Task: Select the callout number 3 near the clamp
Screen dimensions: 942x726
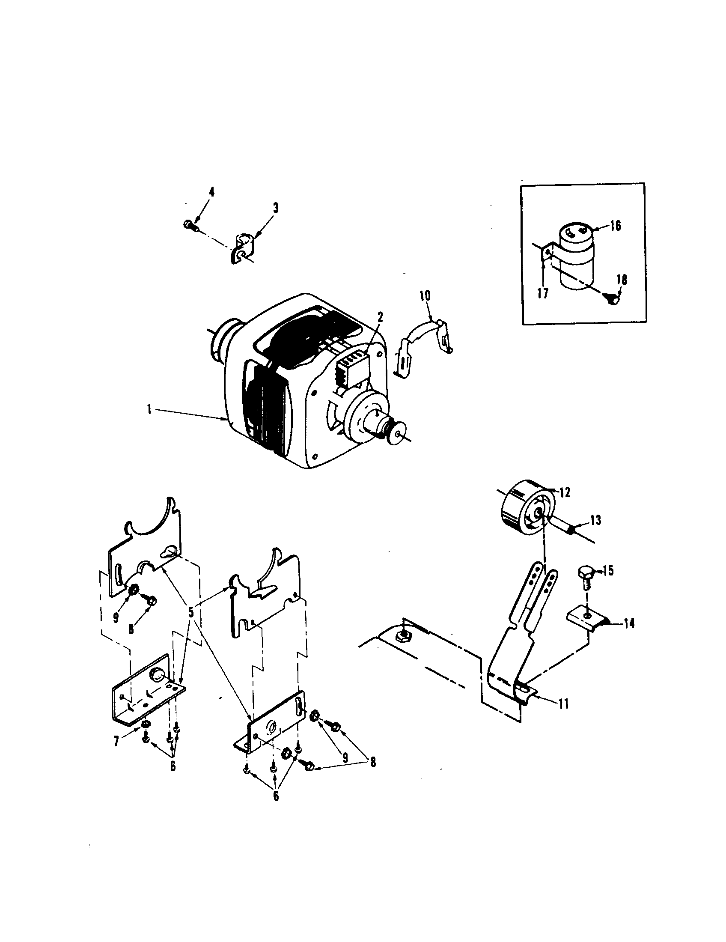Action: coord(275,209)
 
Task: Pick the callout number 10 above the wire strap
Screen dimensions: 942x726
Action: coord(424,296)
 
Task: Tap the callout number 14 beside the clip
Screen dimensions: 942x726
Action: coord(629,623)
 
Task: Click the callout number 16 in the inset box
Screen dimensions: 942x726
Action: coord(616,225)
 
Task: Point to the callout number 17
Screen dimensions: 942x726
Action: coord(543,294)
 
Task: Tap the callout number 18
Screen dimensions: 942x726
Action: coord(622,280)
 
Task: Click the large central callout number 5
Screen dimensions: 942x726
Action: coord(191,612)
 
